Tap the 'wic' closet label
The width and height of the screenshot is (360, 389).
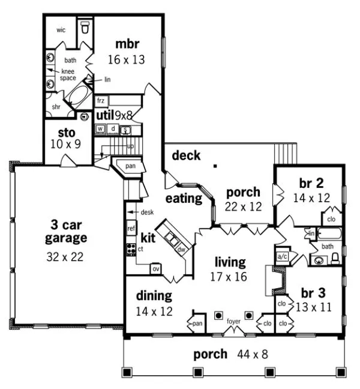61,29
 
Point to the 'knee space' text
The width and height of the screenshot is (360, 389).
68,74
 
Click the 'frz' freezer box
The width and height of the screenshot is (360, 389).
101,101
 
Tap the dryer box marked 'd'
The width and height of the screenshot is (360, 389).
112,129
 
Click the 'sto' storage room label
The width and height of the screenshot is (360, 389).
65,133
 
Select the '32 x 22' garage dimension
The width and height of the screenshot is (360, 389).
66,257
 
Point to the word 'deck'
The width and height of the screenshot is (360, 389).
186,156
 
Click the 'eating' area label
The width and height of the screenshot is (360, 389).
184,198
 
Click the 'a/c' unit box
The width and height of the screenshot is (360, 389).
282,256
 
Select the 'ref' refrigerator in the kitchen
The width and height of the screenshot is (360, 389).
131,229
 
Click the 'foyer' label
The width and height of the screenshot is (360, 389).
233,321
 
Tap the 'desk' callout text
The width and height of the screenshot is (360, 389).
147,213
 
